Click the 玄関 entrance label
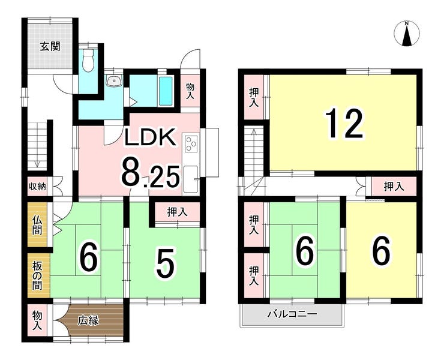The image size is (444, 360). point(50,46)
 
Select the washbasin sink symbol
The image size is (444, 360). point(114,81)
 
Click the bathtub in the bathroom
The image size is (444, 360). point(166,91)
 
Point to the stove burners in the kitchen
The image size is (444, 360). point(191,144)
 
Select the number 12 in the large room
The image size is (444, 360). point(344,124)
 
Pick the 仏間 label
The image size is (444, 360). point(37,225)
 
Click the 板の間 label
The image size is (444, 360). point(37,275)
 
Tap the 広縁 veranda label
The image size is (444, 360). point(88,320)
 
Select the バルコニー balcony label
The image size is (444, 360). point(292,314)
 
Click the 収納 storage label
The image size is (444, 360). point(37,187)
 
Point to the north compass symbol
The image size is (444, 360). point(407,34)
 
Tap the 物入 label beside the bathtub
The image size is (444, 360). point(190,91)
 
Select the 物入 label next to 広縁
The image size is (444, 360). point(37,320)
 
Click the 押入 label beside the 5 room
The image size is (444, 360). point(177,212)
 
